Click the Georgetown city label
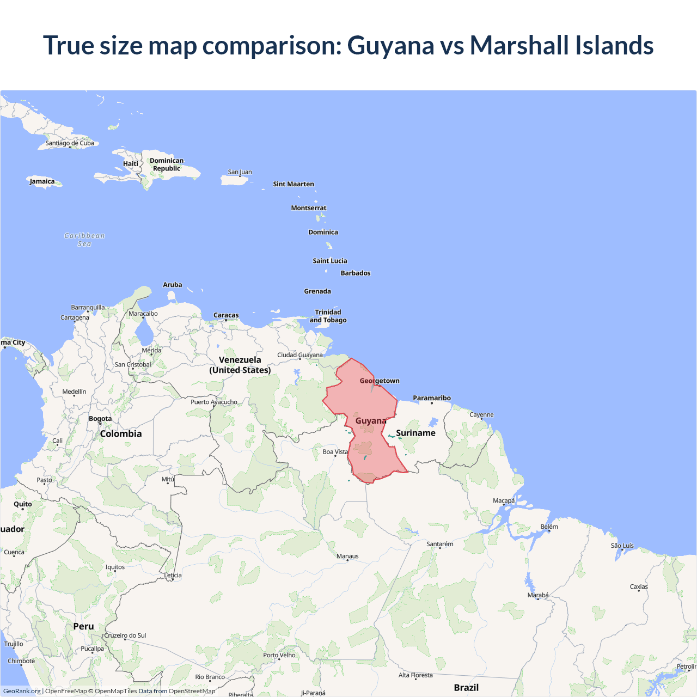(380, 381)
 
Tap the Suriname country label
(415, 433)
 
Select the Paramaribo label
(432, 398)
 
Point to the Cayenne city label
(481, 415)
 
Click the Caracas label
(226, 315)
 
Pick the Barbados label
(356, 273)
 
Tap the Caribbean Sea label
(84, 240)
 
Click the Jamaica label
(42, 181)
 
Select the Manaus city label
(347, 556)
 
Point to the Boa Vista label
(335, 452)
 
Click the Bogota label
(100, 419)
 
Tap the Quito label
(23, 504)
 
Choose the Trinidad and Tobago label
(328, 316)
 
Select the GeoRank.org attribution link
(22, 691)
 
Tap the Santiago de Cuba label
(70, 143)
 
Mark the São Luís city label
(622, 546)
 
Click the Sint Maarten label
(294, 184)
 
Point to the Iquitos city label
(115, 567)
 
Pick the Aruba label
(173, 285)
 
